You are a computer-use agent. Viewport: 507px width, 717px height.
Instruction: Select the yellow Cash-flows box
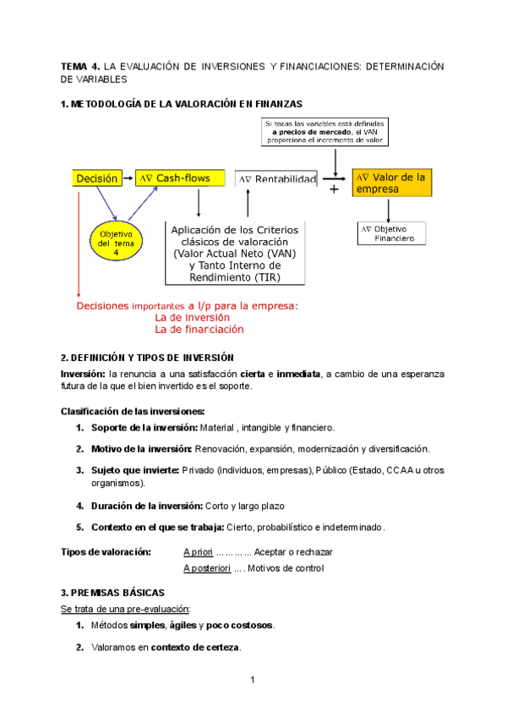click(183, 178)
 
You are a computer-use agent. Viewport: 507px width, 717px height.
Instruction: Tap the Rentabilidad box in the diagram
click(277, 179)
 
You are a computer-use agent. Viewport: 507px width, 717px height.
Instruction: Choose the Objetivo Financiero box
click(393, 233)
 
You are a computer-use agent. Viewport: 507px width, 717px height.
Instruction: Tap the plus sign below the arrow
click(335, 190)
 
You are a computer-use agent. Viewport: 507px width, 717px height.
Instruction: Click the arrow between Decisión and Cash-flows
click(128, 178)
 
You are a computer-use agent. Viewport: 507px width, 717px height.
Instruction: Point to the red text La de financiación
click(199, 329)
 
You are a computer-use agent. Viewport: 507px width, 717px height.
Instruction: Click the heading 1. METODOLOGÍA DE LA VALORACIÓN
click(181, 104)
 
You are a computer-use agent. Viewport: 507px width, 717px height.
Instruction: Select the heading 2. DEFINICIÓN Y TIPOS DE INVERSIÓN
click(147, 358)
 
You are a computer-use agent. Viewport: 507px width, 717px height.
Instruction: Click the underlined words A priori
click(198, 552)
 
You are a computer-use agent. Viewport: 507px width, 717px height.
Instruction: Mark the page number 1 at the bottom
click(253, 681)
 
